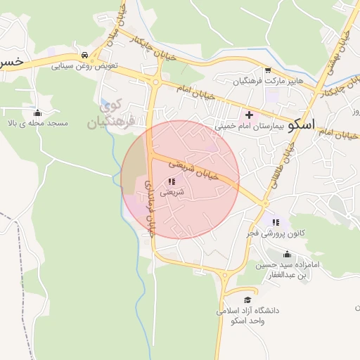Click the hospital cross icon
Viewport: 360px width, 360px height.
click(249, 115)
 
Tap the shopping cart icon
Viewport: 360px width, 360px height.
click(268, 70)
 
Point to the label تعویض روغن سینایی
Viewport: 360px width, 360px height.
click(84, 65)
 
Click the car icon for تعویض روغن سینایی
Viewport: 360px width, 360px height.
click(84, 55)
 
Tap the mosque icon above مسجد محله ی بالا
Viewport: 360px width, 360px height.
click(37, 112)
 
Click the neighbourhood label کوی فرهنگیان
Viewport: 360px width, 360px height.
click(105, 115)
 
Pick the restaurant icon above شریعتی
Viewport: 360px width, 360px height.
click(172, 181)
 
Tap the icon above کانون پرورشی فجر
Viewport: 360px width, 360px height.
click(275, 222)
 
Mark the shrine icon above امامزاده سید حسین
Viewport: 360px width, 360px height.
click(286, 255)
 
